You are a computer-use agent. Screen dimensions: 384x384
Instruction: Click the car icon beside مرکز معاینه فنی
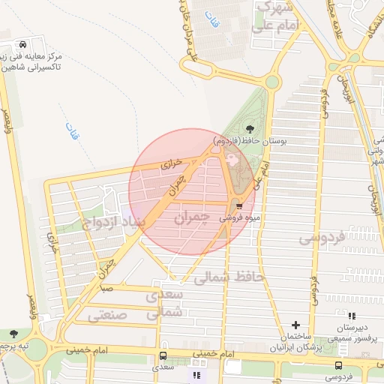pyautogui.click(x=25, y=43)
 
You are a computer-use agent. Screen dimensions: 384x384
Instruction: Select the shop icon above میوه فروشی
pyautogui.click(x=239, y=205)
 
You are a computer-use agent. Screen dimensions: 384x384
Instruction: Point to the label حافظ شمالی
pyautogui.click(x=229, y=277)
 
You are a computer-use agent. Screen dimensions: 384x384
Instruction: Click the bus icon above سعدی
pyautogui.click(x=163, y=355)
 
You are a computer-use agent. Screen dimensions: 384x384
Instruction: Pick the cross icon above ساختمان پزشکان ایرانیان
pyautogui.click(x=296, y=325)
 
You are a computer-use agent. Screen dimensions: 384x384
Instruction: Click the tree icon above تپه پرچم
pyautogui.click(x=13, y=333)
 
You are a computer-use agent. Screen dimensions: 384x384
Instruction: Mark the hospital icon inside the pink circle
pyautogui.click(x=231, y=158)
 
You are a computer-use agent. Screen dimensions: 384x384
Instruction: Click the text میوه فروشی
pyautogui.click(x=240, y=218)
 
